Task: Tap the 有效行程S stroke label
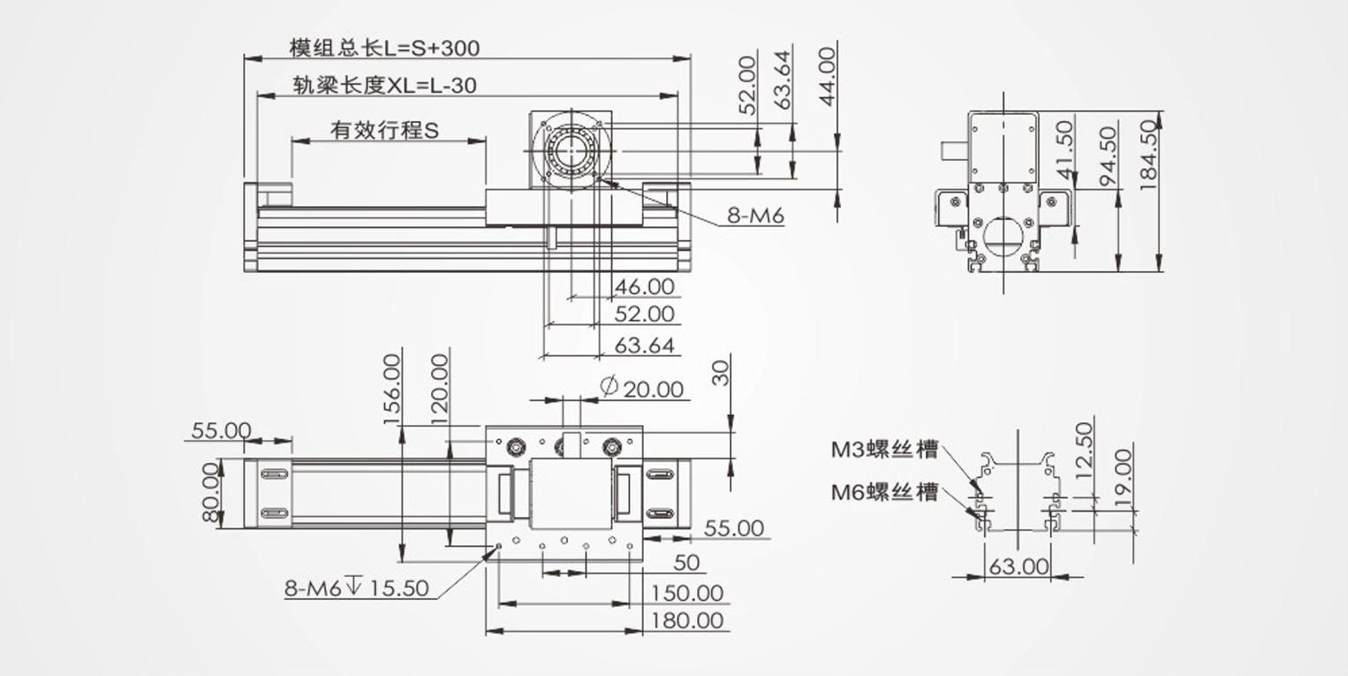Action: pos(384,131)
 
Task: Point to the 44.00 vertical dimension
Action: pos(826,77)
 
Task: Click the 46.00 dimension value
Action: pos(644,286)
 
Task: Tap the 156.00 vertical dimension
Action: pos(393,389)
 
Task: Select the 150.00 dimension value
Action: pos(687,593)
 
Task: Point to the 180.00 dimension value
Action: pos(687,620)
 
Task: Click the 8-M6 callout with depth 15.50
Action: pos(356,588)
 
